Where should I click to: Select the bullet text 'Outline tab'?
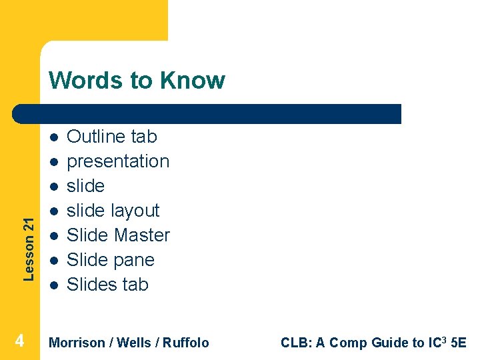112,137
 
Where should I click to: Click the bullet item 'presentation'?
118,161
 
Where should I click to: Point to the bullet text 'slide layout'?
113,211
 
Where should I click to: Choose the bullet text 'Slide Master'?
118,235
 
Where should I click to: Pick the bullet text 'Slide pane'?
111,260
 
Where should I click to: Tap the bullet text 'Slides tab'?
107,285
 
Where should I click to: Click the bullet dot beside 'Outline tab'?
53,137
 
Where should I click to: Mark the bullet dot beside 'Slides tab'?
53,285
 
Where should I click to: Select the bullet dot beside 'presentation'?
53,161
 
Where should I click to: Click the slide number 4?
19,341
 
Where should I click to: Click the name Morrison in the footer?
77,343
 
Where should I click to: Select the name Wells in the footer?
134,343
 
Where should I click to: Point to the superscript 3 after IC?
446,339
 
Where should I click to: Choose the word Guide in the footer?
391,343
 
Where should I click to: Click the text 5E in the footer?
459,343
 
